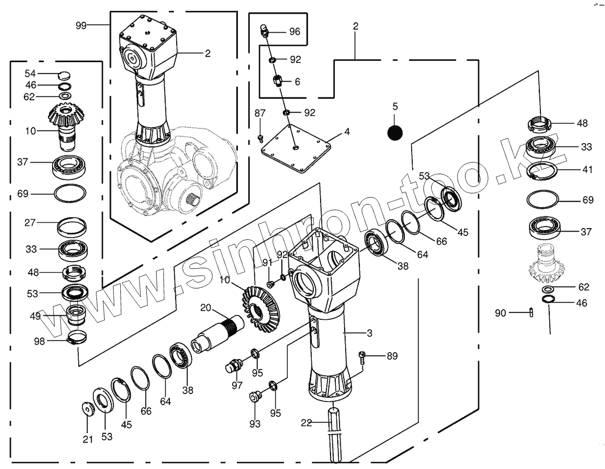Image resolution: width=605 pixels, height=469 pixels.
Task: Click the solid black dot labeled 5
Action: pos(395,132)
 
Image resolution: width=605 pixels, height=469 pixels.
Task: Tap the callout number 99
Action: pos(81,25)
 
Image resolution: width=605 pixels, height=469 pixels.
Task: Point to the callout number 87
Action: pos(259,114)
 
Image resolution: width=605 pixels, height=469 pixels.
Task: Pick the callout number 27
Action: pos(31,223)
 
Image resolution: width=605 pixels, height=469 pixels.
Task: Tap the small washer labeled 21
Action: pos(88,408)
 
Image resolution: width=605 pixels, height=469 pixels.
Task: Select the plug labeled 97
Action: pos(233,365)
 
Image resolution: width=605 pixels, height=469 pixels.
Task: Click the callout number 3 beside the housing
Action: pos(369,333)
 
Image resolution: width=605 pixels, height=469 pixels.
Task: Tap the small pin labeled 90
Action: pos(531,312)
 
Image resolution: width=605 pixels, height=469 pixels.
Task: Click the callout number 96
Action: pos(295,32)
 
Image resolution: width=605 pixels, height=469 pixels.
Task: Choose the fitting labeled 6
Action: pos(279,80)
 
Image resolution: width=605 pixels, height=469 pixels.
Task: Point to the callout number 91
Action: pos(266,263)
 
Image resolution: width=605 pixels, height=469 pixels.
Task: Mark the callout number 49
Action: pos(35,316)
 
